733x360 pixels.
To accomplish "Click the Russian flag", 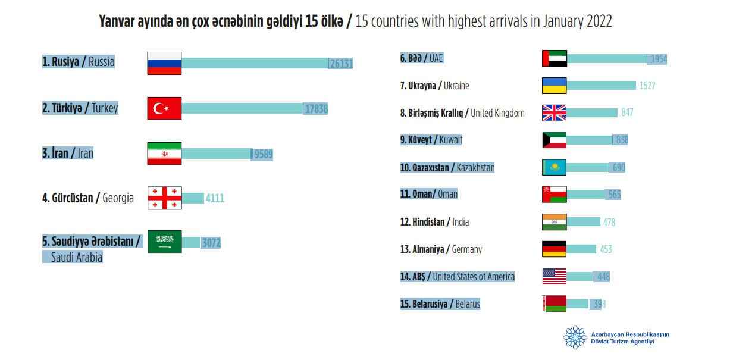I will click(164, 63).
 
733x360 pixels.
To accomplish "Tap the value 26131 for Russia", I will click(342, 64).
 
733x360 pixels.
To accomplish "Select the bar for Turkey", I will click(242, 108).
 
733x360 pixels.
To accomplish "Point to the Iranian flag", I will click(164, 154).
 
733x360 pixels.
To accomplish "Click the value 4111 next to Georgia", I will click(215, 198).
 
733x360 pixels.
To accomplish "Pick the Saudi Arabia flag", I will click(164, 242).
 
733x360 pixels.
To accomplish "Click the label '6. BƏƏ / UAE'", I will click(422, 58).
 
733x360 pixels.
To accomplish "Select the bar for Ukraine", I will click(601, 86).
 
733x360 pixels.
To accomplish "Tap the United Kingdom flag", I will click(554, 112).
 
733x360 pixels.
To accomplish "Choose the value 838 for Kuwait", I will click(622, 140).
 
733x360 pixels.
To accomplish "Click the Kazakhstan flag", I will click(554, 167).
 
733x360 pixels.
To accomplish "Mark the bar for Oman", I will click(585, 195).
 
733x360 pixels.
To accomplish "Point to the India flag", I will click(554, 222).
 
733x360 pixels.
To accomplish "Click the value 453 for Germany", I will click(606, 249).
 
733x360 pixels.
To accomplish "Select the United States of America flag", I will click(554, 276).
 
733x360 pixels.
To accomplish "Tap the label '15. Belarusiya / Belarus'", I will click(440, 304).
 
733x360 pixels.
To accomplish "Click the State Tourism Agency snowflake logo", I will click(575, 337).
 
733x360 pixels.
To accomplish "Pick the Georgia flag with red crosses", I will click(164, 198).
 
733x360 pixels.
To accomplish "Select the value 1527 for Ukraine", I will click(647, 86).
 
